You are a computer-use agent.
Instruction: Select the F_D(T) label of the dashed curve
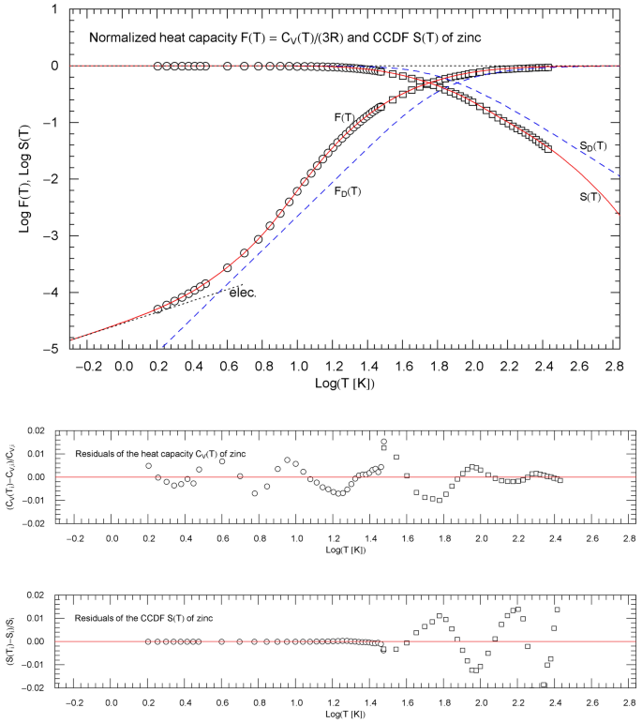pyautogui.click(x=349, y=191)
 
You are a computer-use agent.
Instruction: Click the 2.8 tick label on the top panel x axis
pyautogui.click(x=615, y=364)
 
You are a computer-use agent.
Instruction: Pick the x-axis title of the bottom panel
pyautogui.click(x=345, y=714)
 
